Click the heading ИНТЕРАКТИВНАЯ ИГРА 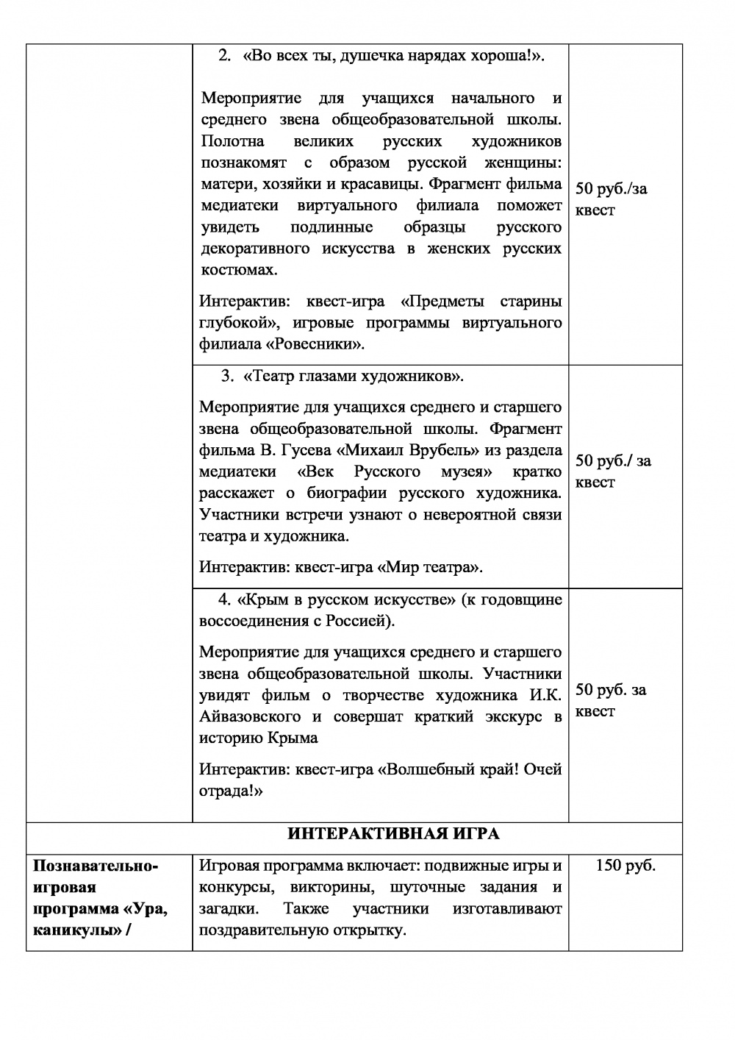(392, 833)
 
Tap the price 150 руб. (625, 866)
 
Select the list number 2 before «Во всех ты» (225, 56)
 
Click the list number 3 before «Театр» (226, 377)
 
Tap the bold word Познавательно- (96, 866)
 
